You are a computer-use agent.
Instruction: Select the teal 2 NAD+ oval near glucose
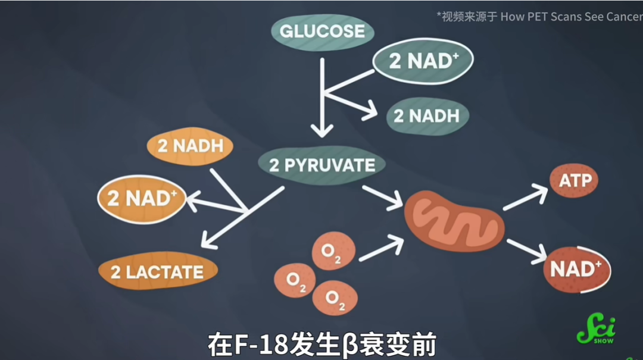point(423,61)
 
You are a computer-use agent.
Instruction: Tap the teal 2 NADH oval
point(427,116)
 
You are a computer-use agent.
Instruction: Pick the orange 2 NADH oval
point(190,146)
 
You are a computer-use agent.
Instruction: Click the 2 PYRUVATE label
point(322,165)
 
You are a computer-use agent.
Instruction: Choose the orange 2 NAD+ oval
point(142,199)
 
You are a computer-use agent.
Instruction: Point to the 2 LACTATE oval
point(157,272)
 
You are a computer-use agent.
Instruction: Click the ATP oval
point(574,180)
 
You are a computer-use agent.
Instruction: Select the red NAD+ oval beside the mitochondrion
point(576,269)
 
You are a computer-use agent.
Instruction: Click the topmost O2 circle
point(333,251)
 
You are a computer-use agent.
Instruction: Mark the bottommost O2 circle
point(334,298)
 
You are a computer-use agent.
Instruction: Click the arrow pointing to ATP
point(526,197)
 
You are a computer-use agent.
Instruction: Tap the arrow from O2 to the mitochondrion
point(381,247)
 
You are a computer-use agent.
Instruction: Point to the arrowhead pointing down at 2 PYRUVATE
point(322,128)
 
